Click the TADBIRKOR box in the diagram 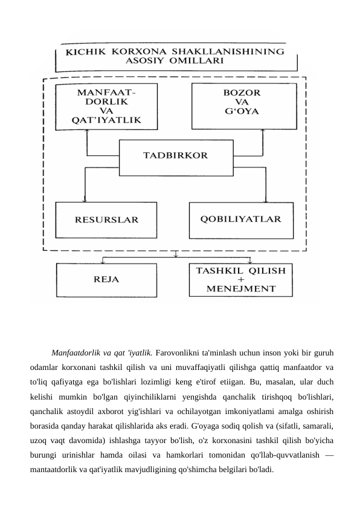click(175, 155)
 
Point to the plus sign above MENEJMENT click(242, 280)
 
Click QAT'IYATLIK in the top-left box click(106, 120)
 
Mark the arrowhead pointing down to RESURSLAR click(85, 199)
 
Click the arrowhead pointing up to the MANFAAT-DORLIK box click(87, 133)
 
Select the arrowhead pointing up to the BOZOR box click(264, 133)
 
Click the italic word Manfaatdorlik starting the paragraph click(77, 352)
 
